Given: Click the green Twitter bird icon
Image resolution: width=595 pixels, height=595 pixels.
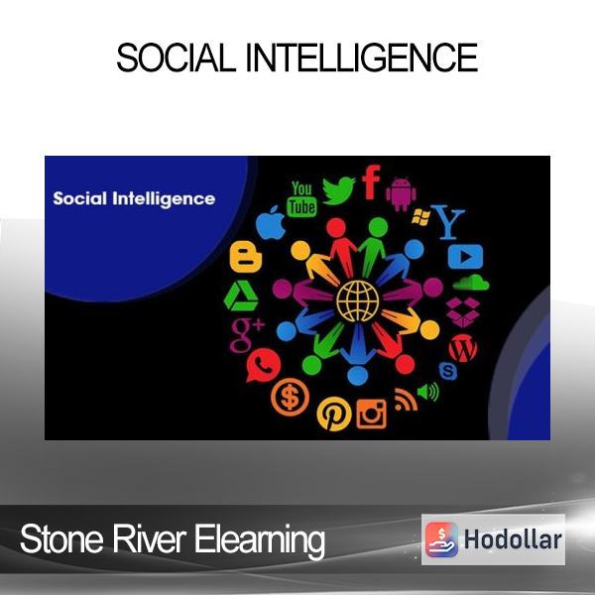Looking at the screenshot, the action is pyautogui.click(x=338, y=190).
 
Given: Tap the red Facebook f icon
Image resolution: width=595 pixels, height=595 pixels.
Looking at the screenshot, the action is pyautogui.click(x=371, y=182).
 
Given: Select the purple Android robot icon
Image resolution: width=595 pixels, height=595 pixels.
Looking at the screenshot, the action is pyautogui.click(x=401, y=193).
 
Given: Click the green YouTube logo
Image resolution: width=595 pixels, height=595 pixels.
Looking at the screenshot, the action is pyautogui.click(x=302, y=199).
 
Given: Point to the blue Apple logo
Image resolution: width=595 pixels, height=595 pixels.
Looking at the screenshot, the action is pyautogui.click(x=271, y=223).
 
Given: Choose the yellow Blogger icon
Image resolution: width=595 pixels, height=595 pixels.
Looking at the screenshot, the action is pyautogui.click(x=246, y=257).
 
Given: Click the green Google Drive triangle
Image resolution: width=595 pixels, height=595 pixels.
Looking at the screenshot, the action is pyautogui.click(x=241, y=296).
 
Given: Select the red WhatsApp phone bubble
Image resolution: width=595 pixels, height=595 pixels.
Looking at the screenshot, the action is pyautogui.click(x=263, y=365).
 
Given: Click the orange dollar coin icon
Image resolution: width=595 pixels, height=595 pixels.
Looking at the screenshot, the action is pyautogui.click(x=290, y=397).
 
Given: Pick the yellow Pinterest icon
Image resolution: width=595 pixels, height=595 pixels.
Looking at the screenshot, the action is pyautogui.click(x=334, y=414).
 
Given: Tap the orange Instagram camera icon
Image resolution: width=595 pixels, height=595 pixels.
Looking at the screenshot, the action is pyautogui.click(x=372, y=414).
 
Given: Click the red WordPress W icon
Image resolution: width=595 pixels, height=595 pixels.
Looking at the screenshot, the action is pyautogui.click(x=463, y=348).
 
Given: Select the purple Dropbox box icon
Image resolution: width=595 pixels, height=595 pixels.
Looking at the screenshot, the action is pyautogui.click(x=462, y=312).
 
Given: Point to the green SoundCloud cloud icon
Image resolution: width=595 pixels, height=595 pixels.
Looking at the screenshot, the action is pyautogui.click(x=471, y=283).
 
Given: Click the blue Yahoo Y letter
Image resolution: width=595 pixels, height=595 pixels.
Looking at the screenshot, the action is pyautogui.click(x=449, y=222).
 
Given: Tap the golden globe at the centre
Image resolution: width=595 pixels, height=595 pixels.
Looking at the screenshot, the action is pyautogui.click(x=357, y=300).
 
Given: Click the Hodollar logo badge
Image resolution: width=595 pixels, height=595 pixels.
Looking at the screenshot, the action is pyautogui.click(x=493, y=539).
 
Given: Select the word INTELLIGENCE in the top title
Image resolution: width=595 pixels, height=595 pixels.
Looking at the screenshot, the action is pyautogui.click(x=362, y=58).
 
